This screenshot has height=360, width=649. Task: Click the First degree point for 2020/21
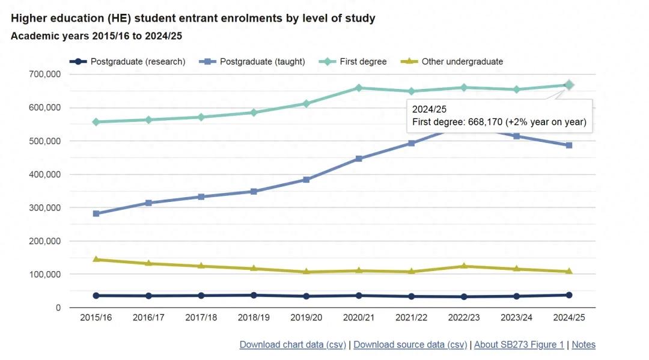pyautogui.click(x=359, y=88)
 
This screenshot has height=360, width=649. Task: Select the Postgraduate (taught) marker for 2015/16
pyautogui.click(x=96, y=213)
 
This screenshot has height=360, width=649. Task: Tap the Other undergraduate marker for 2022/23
pyautogui.click(x=464, y=266)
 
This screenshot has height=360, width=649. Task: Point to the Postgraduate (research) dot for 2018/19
pyautogui.click(x=254, y=295)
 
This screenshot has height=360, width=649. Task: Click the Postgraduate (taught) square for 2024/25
pyautogui.click(x=569, y=145)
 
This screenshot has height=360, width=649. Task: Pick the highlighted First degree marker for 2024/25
pyautogui.click(x=569, y=85)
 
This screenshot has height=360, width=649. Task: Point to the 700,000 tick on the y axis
pyautogui.click(x=44, y=75)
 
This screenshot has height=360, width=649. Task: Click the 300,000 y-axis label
pyautogui.click(x=44, y=208)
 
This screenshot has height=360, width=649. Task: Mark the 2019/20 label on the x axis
pyautogui.click(x=306, y=317)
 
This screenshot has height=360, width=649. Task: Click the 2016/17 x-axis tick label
pyautogui.click(x=148, y=317)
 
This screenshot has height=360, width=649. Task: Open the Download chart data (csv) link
pyautogui.click(x=292, y=344)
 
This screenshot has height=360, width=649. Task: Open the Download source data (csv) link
pyautogui.click(x=410, y=344)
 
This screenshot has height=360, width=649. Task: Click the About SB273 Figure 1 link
pyautogui.click(x=519, y=344)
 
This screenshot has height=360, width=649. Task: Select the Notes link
pyautogui.click(x=583, y=344)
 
